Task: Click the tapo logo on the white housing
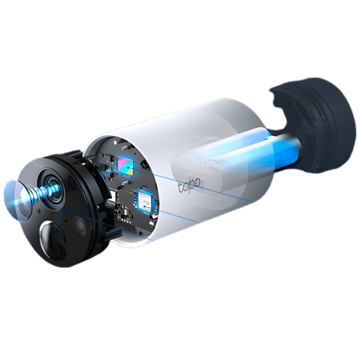190,185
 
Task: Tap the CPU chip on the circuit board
144,202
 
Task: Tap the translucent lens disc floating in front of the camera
17,200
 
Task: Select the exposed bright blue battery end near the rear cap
286,149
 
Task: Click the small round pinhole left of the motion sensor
39,210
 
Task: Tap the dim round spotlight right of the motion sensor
79,222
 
